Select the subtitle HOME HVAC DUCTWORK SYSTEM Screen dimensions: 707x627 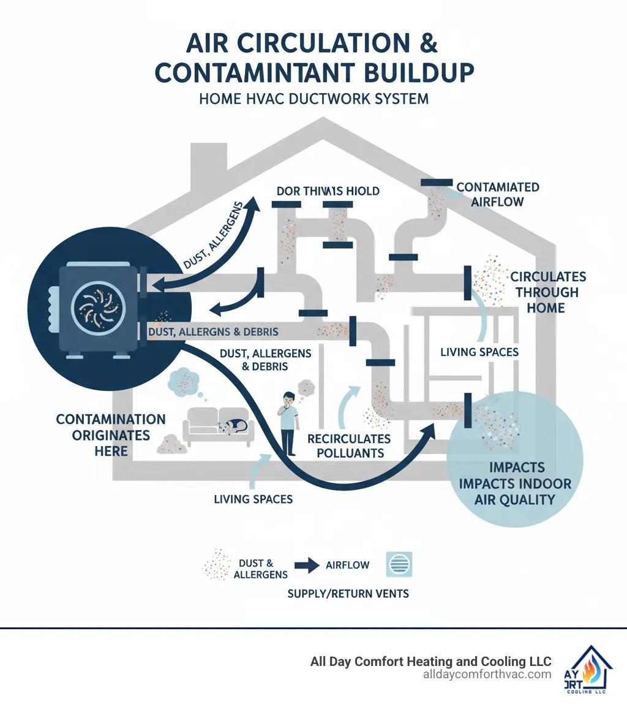[x=313, y=98]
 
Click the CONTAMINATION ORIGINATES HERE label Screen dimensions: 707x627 [x=111, y=435]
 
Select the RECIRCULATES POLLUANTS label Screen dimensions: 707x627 [x=349, y=446]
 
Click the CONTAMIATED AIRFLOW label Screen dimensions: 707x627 [x=497, y=194]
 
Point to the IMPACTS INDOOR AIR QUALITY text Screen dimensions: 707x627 [x=514, y=483]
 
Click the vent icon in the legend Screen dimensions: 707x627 [x=399, y=564]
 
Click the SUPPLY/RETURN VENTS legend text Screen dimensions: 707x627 [x=348, y=594]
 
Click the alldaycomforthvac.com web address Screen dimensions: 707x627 [x=487, y=675]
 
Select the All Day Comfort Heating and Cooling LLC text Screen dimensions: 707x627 [x=430, y=661]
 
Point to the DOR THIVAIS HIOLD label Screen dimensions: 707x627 [x=328, y=191]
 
